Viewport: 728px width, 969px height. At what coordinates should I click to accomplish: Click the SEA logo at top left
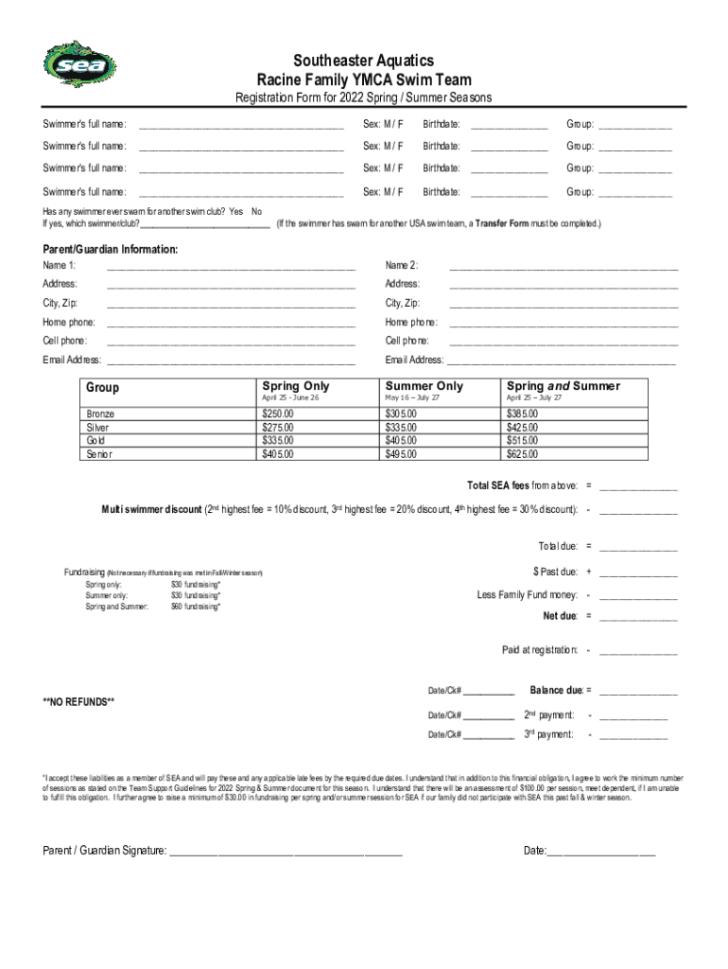[67, 64]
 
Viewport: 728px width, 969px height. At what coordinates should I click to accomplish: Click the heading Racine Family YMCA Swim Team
[364, 80]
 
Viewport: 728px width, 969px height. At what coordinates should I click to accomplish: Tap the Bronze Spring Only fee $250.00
[278, 414]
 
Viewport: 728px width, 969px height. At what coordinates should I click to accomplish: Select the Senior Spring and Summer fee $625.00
[522, 454]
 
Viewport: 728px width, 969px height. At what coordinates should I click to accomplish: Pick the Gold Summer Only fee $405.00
[401, 441]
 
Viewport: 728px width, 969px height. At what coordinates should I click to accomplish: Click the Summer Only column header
[425, 386]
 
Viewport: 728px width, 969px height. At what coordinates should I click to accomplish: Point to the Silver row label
[98, 428]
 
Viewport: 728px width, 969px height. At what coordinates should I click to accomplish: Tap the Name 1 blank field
[231, 266]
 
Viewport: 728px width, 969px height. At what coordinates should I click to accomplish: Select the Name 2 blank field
[563, 266]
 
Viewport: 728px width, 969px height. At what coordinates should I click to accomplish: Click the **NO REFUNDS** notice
[78, 701]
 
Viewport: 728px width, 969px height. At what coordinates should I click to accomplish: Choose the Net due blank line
[638, 618]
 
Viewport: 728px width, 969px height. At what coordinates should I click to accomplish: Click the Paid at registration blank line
[638, 652]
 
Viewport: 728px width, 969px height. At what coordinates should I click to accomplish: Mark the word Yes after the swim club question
[235, 211]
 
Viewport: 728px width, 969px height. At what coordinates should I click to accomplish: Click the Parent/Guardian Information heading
[110, 250]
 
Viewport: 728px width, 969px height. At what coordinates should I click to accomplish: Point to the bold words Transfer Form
[502, 224]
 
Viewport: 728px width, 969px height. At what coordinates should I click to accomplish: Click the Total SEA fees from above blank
[638, 487]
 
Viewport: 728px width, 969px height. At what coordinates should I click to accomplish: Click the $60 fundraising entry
[196, 607]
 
